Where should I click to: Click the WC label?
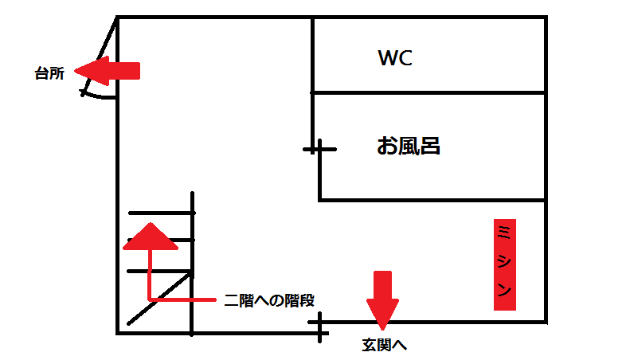click(394, 58)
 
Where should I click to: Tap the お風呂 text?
click(409, 146)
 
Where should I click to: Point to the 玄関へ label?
click(385, 345)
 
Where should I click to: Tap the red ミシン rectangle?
click(505, 264)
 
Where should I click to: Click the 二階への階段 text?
click(269, 300)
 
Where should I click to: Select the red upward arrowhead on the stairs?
click(148, 237)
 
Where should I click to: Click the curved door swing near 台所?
click(100, 95)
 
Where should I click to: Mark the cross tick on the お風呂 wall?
click(319, 149)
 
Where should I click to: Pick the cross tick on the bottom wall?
click(319, 327)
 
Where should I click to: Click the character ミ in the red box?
click(505, 232)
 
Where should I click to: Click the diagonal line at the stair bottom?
click(159, 299)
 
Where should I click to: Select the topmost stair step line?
click(162, 213)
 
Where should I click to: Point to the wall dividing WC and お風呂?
click(430, 92)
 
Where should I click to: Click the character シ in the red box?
click(505, 261)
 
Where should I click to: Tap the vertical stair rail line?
click(193, 263)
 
